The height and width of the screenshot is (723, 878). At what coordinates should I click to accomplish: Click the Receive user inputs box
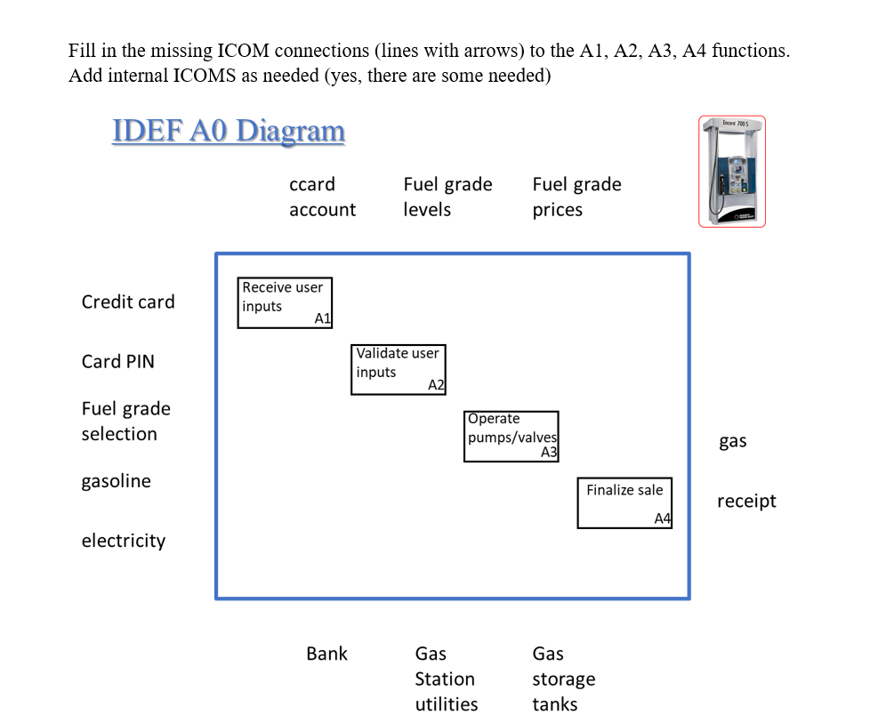(285, 302)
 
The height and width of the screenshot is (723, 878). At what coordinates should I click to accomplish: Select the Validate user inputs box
(398, 369)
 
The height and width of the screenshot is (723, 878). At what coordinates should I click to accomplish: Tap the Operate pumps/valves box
(511, 436)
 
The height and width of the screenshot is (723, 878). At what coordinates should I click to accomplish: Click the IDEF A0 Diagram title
(229, 131)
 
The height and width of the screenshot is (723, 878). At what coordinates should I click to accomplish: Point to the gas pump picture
(731, 171)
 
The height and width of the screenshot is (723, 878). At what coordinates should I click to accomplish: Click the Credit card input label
(128, 301)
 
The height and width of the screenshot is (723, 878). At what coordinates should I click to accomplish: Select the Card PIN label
(117, 361)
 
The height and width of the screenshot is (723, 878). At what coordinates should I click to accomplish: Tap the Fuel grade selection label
(125, 422)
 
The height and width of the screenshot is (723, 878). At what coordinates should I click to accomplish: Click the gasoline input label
(116, 481)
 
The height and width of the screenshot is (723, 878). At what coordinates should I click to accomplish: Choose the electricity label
(123, 541)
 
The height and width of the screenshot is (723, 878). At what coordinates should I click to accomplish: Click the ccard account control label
(322, 197)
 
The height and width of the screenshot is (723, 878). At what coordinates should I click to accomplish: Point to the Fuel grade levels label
(447, 197)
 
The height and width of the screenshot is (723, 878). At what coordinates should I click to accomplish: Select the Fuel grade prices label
(576, 197)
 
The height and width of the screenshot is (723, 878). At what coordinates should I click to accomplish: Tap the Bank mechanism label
(326, 654)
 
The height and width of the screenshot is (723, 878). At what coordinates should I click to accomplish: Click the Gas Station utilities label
(446, 679)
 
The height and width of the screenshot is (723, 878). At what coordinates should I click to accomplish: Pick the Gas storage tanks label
(563, 679)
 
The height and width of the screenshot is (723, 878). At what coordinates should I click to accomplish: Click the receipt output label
(746, 502)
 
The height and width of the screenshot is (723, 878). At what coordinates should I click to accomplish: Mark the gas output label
(732, 441)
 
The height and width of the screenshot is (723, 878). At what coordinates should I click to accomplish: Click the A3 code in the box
(549, 453)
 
